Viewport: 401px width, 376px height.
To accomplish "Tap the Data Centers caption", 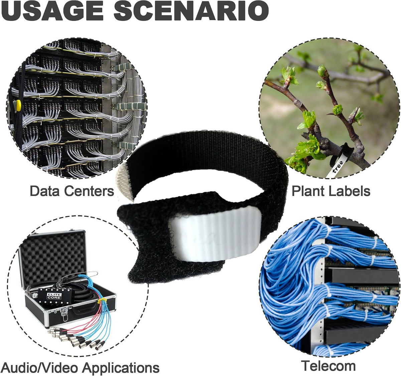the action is (x=72, y=191).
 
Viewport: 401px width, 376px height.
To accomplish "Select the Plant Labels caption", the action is (x=331, y=191).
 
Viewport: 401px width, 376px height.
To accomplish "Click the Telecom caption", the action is (x=328, y=360).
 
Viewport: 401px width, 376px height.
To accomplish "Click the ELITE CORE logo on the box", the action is (x=54, y=296).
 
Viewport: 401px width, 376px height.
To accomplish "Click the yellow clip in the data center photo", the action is (x=18, y=105).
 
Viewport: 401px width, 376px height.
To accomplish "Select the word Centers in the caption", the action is (x=90, y=191).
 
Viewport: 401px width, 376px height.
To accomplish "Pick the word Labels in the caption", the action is (x=349, y=191).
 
